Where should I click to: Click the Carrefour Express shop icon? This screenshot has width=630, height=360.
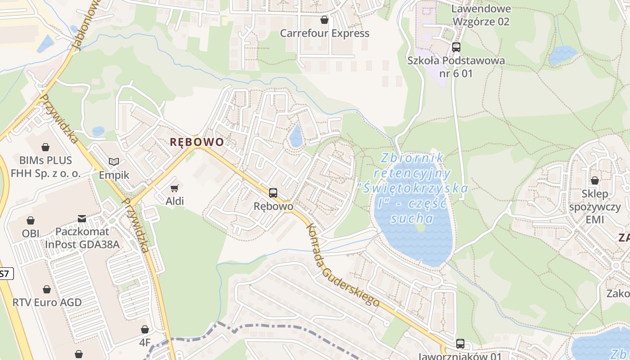324,20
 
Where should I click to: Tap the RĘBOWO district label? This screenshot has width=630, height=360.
197,142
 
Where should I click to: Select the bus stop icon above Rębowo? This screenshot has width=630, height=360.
273,193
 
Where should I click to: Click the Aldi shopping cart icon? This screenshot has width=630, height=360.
174,188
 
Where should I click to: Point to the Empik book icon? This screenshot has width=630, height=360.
114,162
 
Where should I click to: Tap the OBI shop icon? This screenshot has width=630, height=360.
31,220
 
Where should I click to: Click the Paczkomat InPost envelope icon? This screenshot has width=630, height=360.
82,219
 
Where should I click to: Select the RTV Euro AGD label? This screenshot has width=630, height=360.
47,302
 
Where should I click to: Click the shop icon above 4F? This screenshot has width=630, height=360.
144,330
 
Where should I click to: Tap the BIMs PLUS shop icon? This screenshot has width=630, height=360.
45,147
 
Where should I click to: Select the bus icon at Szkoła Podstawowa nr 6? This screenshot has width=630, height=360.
456,47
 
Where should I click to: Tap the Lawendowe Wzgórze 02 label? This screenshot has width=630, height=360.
481,15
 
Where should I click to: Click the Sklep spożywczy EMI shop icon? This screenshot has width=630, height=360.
594,180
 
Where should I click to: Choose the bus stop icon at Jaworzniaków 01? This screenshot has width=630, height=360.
460,344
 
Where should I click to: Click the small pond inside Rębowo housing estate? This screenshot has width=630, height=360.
296,136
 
